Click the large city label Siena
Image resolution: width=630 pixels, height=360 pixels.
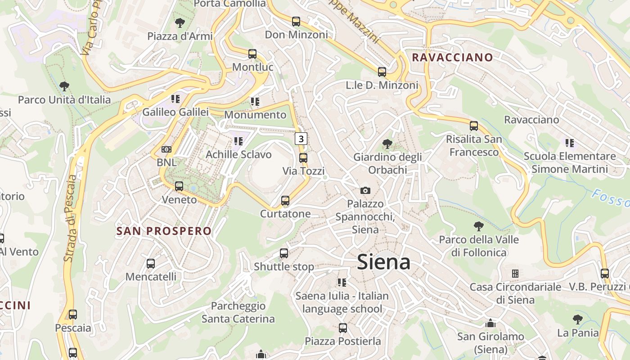pos(383,262)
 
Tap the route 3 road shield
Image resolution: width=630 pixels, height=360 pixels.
pos(301,138)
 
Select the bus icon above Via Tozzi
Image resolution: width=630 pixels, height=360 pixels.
pos(303,158)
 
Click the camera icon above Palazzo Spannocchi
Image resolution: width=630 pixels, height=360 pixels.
pos(365,190)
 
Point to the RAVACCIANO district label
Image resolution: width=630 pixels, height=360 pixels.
pos(452,57)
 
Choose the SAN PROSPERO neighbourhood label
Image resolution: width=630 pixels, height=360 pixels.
pos(164,231)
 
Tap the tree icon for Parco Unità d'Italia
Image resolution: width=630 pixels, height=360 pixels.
pos(64,86)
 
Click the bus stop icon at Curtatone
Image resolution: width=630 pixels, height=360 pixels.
pos(285,201)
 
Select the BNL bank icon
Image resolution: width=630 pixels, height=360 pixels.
pos(166,149)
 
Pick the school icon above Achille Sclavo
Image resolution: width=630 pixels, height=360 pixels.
pos(238,141)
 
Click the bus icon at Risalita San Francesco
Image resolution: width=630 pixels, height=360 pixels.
pos(474,126)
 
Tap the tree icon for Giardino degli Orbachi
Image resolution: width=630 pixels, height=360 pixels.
pos(387,144)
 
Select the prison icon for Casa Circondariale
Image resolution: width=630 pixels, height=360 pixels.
pos(515,274)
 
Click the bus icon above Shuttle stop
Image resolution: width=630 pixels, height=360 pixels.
pos(284,253)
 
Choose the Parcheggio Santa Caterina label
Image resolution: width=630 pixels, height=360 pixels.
pos(238,312)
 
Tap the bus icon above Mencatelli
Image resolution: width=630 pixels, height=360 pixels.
pos(151,264)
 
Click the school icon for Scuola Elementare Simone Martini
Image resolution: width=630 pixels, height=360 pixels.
pos(570,143)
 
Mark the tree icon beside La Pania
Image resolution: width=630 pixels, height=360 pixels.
pos(577,319)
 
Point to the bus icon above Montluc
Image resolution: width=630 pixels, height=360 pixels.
pos(252,54)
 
